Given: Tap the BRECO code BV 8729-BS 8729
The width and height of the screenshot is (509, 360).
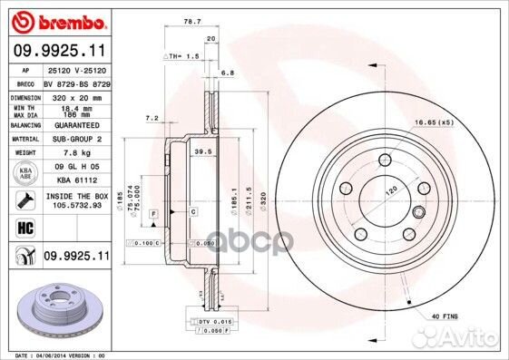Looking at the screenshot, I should coord(76,82).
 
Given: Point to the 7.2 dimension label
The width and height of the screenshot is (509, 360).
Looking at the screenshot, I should coord(152,118).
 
